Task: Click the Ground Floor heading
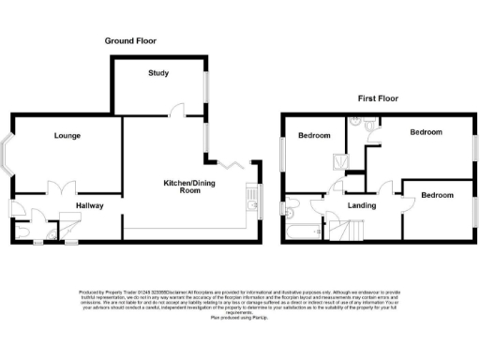click(x=130, y=41)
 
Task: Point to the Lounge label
click(x=67, y=136)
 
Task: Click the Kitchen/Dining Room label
click(x=184, y=186)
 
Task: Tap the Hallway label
click(x=90, y=205)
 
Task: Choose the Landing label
click(x=361, y=204)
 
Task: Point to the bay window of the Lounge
click(x=7, y=157)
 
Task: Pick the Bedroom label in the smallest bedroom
click(x=436, y=195)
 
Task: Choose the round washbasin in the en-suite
click(x=356, y=121)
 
